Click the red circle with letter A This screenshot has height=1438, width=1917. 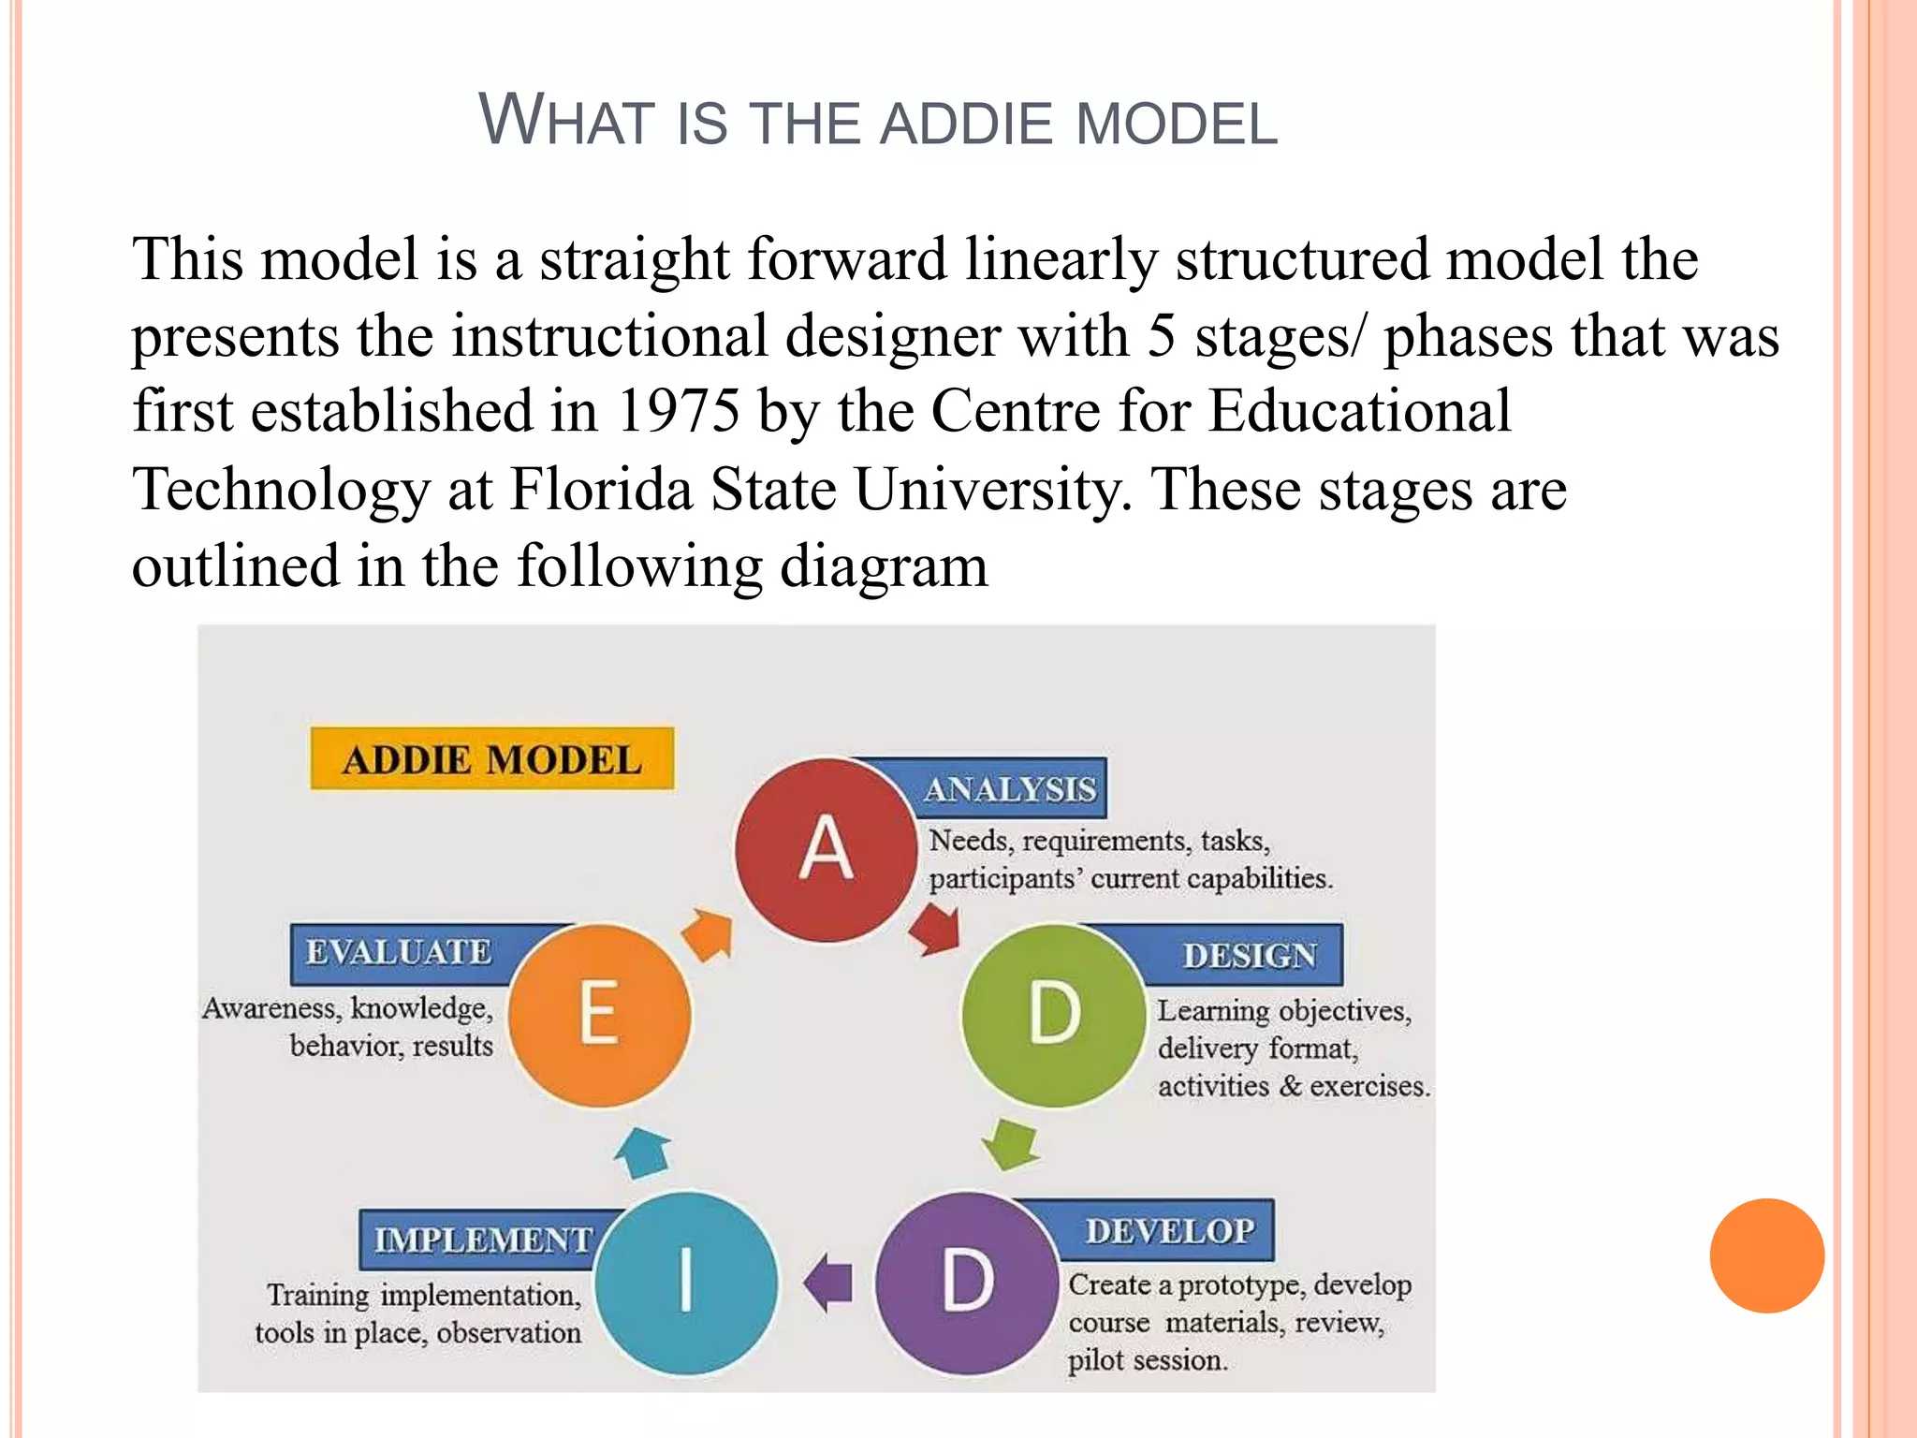(826, 849)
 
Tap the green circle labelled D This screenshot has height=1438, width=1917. (1054, 1015)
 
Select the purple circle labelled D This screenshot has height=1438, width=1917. (967, 1283)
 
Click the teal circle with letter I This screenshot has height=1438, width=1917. (686, 1283)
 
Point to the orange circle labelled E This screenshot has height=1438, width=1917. (600, 1015)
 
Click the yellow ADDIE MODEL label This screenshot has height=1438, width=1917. (492, 758)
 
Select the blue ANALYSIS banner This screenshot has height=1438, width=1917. (1009, 789)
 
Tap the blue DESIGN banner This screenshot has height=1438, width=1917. (1249, 955)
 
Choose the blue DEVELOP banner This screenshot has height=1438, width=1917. (1169, 1230)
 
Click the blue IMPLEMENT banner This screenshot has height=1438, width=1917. (483, 1240)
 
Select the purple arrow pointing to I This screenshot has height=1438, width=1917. (829, 1283)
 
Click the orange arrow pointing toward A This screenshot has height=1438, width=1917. (708, 934)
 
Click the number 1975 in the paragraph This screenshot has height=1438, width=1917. (678, 411)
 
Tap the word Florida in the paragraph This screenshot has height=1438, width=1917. (600, 489)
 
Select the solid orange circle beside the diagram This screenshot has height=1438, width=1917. (1766, 1255)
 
